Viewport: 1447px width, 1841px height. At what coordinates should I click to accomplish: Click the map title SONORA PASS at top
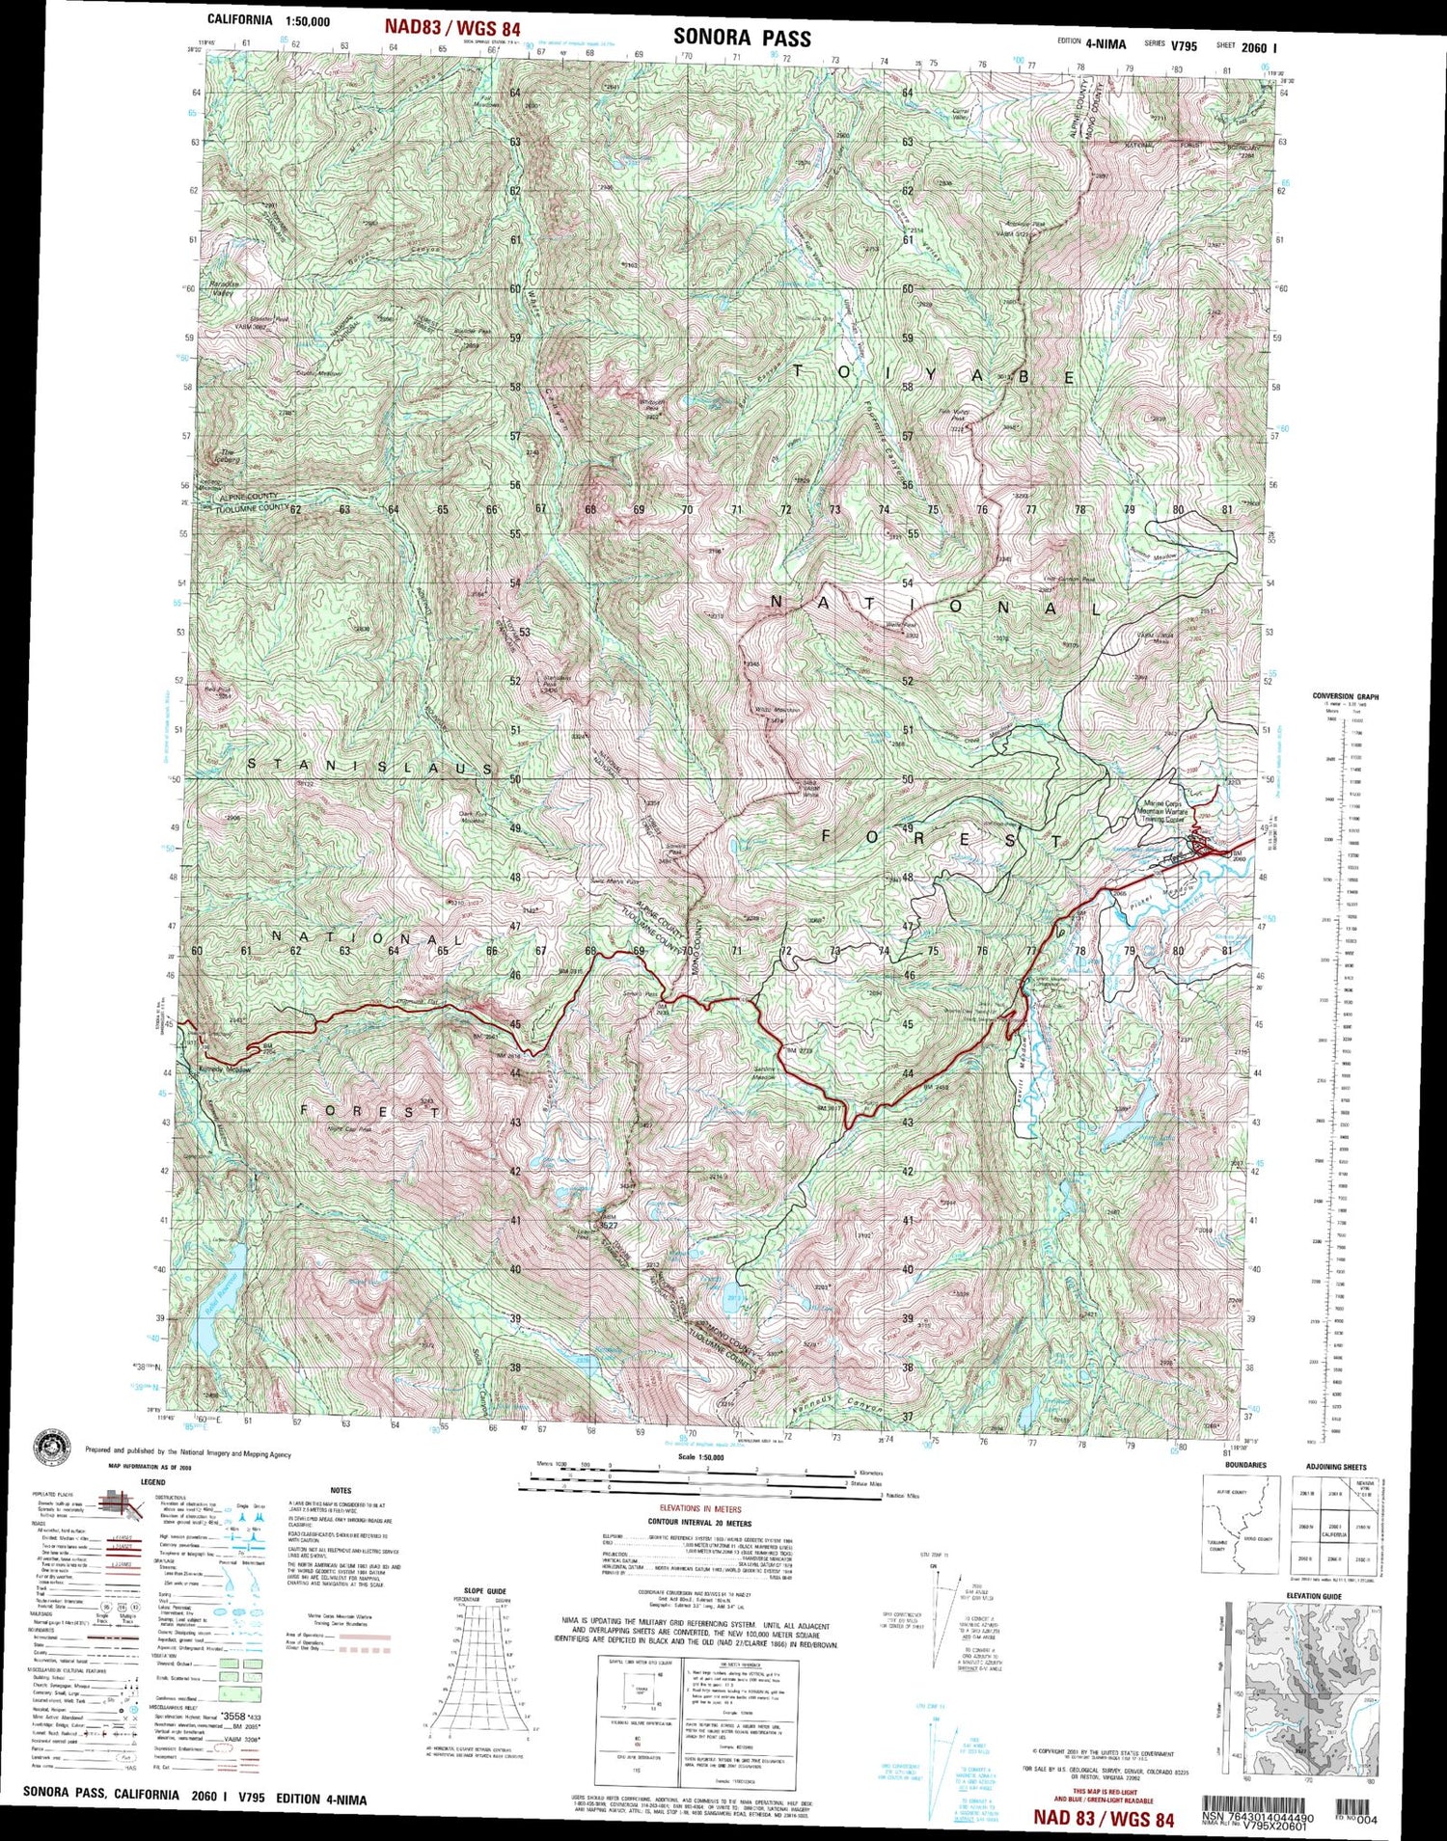coord(742,38)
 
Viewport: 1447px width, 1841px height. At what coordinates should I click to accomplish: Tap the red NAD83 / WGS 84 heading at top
coord(453,28)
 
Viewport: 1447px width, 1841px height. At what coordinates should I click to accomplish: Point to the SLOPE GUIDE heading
coord(484,1591)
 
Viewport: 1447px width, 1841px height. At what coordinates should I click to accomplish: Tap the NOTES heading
coord(341,1491)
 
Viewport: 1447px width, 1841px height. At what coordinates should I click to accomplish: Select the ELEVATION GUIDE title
coord(1313,1596)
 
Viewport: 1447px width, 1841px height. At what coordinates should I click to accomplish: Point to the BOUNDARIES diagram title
coord(1245,1465)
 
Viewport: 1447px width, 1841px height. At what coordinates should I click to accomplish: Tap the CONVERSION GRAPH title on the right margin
coord(1345,696)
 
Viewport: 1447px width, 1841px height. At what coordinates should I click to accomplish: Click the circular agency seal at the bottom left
coord(57,1446)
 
